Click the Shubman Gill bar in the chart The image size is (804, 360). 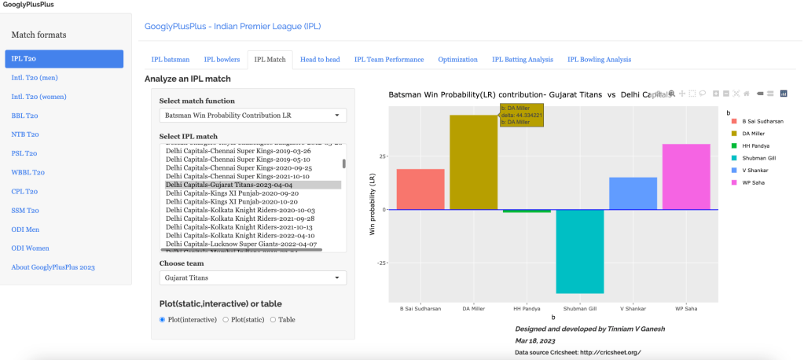point(580,251)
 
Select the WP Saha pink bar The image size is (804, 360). point(686,176)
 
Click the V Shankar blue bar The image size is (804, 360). point(633,193)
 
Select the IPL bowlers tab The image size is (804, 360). point(222,60)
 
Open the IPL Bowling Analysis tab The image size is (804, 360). point(599,60)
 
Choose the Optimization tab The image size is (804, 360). point(457,60)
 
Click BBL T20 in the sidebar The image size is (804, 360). point(25,116)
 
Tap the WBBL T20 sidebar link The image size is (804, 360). point(28,172)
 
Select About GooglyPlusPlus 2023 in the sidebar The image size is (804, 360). point(53,267)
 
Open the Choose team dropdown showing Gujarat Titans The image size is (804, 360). point(252,278)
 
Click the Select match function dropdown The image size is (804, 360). point(252,116)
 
